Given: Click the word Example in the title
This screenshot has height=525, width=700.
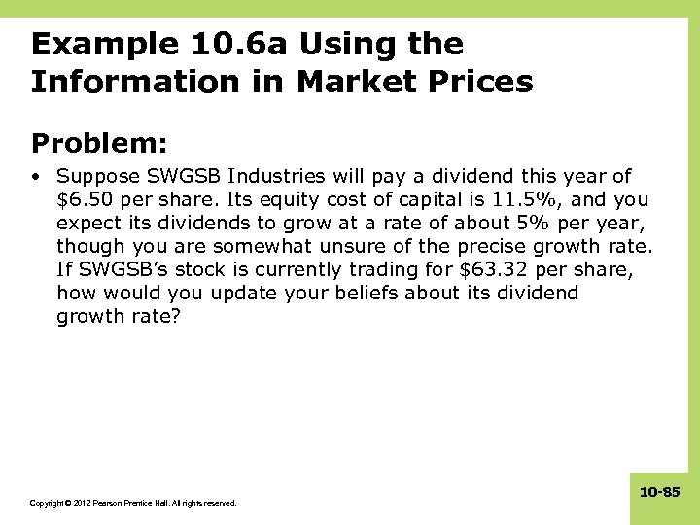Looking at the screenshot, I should [x=94, y=44].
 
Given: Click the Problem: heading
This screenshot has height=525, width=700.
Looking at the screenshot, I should [x=99, y=143].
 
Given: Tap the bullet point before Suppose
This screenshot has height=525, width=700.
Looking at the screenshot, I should [x=36, y=177].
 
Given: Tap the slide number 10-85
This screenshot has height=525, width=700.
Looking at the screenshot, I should [x=659, y=493].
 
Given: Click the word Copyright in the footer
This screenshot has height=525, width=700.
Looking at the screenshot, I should [x=47, y=503].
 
